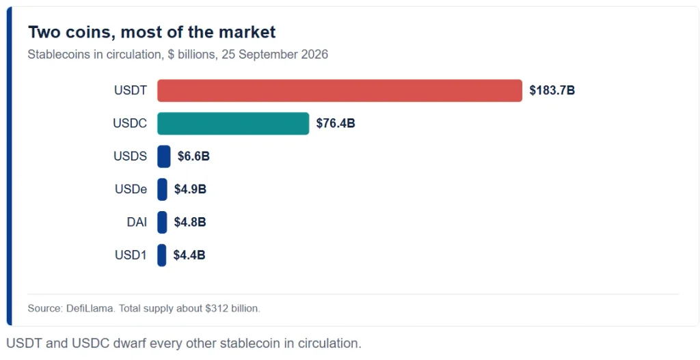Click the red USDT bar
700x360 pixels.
[x=340, y=91]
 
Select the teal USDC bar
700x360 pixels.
[x=233, y=124]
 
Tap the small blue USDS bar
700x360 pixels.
[x=164, y=156]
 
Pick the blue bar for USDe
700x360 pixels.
[x=162, y=190]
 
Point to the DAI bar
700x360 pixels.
[x=162, y=222]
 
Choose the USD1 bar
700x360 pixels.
[x=161, y=255]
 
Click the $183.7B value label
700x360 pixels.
[x=552, y=91]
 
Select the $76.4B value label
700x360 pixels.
[x=336, y=124]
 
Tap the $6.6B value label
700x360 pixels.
[x=193, y=156]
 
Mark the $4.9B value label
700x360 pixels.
[x=190, y=190]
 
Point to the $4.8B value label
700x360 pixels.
[x=190, y=222]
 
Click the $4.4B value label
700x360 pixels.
[x=189, y=255]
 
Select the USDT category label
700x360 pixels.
[x=131, y=91]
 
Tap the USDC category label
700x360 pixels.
[x=130, y=124]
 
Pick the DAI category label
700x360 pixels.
[x=137, y=222]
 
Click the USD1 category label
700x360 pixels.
[x=131, y=255]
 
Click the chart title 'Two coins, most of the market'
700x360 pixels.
[x=152, y=33]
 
